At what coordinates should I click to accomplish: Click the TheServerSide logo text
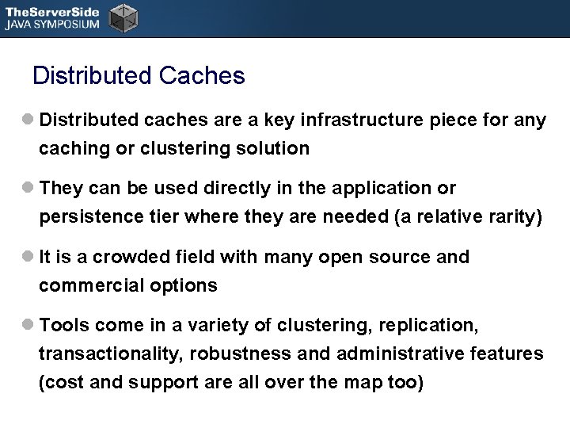click(x=51, y=11)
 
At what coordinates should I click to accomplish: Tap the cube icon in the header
click(x=122, y=17)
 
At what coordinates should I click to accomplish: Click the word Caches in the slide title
click(x=202, y=76)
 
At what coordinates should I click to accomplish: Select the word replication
click(x=427, y=326)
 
